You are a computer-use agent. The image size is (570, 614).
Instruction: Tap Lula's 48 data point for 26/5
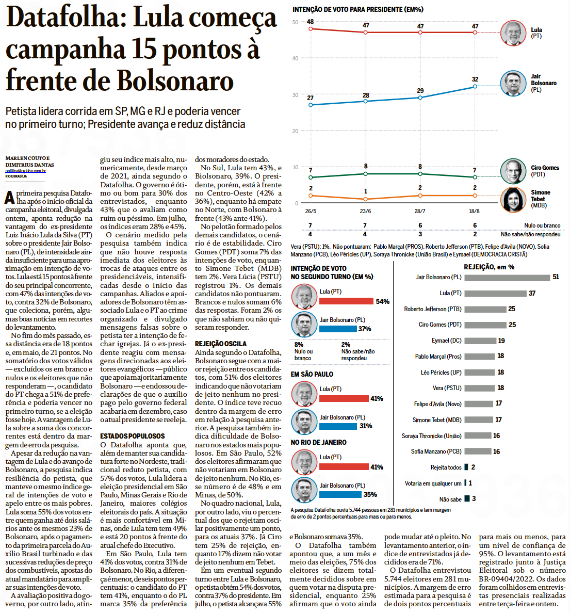[310, 29]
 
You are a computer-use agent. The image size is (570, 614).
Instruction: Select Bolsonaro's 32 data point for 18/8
[475, 87]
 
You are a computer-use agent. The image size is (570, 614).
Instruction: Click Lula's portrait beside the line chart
[513, 33]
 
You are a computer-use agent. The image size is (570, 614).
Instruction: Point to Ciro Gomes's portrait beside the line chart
[513, 171]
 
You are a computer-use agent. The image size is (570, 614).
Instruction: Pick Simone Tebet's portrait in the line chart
[513, 200]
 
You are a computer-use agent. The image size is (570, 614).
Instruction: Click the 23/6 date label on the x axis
[365, 211]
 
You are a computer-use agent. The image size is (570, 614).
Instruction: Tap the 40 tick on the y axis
[296, 58]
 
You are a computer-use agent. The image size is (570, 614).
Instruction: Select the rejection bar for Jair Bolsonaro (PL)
[507, 278]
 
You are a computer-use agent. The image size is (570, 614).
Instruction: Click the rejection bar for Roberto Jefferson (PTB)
[485, 309]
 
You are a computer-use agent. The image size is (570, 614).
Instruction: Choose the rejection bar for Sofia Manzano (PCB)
[478, 451]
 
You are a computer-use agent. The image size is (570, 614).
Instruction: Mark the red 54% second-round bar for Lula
[346, 301]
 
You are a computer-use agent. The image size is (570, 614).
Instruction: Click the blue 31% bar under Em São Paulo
[338, 426]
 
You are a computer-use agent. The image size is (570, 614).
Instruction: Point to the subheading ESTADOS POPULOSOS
[133, 436]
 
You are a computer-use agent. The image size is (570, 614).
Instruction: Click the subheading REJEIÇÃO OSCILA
[221, 344]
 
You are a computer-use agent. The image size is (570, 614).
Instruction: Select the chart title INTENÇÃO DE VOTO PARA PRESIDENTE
[357, 9]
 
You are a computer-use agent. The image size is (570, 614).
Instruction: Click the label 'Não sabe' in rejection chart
[450, 499]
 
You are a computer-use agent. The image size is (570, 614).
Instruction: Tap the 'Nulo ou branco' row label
[542, 225]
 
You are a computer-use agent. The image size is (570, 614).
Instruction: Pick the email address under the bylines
[26, 171]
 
